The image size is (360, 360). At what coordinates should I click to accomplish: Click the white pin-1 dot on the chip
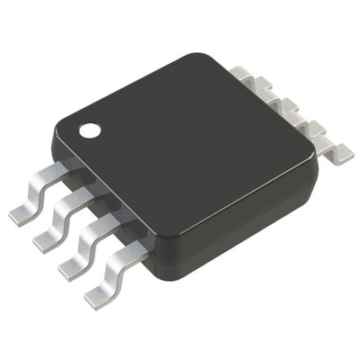[91, 130]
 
